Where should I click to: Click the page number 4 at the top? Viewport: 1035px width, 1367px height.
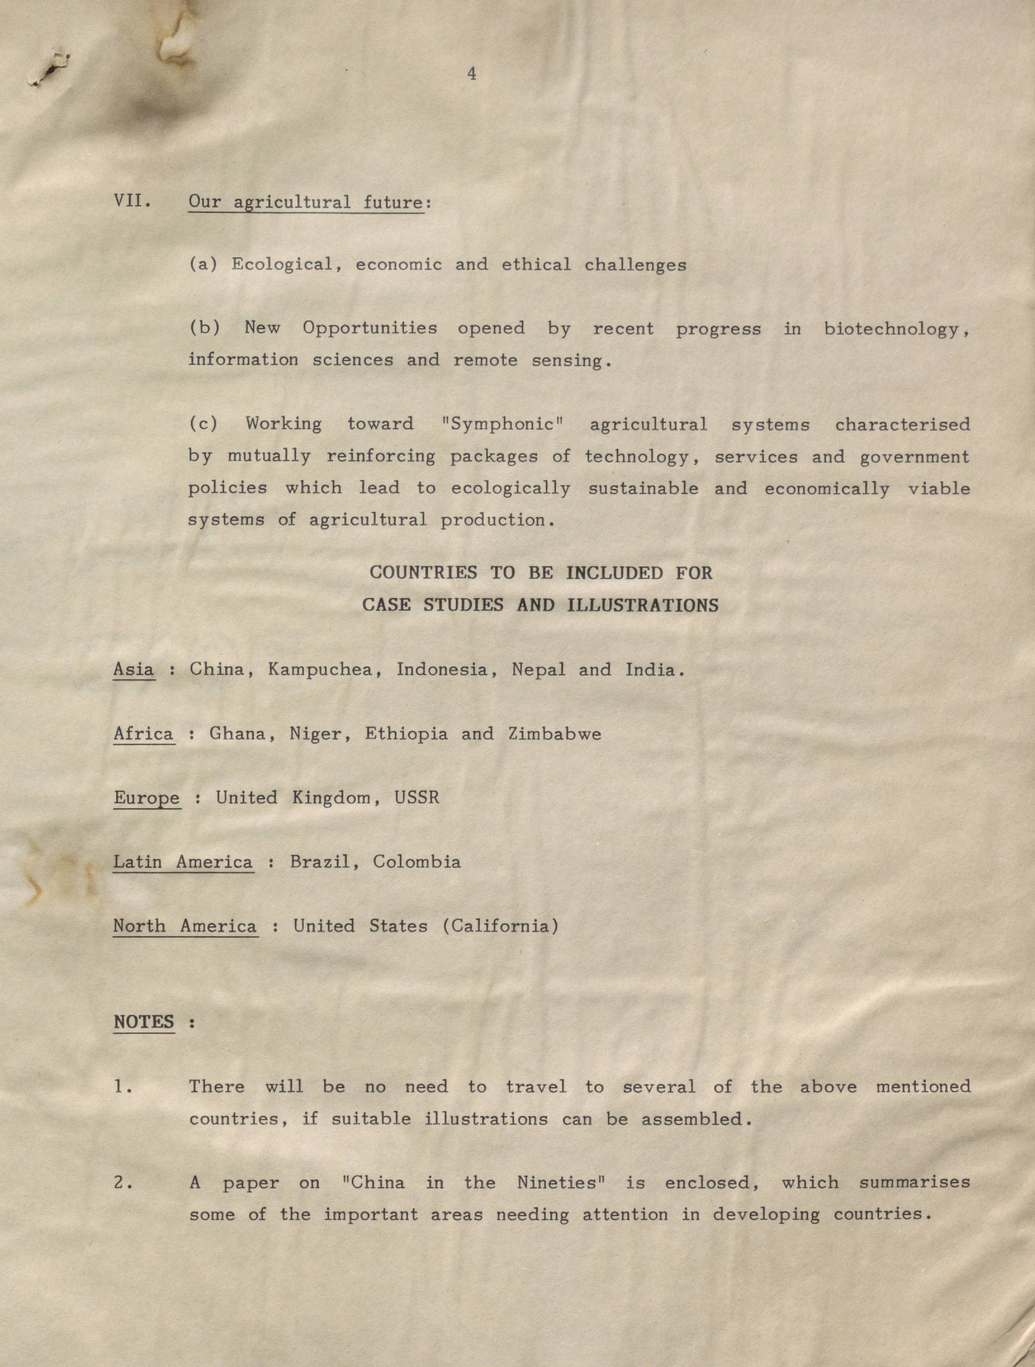471,74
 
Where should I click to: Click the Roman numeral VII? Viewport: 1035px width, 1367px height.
132,201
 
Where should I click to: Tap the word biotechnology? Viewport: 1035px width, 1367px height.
895,329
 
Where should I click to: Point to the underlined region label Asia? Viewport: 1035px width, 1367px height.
133,669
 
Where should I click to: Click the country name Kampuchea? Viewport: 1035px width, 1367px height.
324,670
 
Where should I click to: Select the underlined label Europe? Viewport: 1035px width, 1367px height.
147,798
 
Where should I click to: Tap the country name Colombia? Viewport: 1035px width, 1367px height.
417,862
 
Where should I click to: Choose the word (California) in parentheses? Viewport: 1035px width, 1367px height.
501,926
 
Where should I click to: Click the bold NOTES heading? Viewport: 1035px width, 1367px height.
144,1022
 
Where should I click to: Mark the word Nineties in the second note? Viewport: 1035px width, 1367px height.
560,1183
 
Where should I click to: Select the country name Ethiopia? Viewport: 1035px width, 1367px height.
406,734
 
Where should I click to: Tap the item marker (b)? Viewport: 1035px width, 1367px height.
204,328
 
